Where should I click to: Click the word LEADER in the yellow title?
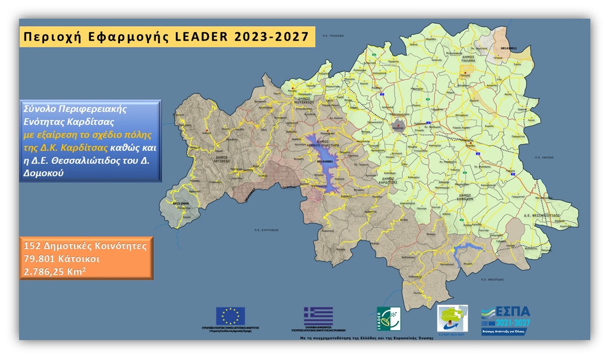pos(201,37)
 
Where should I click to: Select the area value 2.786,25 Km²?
pos(54,272)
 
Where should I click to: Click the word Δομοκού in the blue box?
pos(43,173)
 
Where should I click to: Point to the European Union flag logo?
pos(230,316)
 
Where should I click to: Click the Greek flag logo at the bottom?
pos(318,316)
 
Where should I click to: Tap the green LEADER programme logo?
pos(388,319)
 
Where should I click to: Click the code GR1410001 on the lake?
pos(325,162)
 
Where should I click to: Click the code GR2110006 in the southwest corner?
pos(181,204)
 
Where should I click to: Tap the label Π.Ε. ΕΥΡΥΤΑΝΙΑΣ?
pos(266,230)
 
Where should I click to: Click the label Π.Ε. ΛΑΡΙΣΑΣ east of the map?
pos(544,157)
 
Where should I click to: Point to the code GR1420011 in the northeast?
pos(508,48)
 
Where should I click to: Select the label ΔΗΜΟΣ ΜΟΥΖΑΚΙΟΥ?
pos(304,101)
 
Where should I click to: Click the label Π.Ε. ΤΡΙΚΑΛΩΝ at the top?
pos(333,36)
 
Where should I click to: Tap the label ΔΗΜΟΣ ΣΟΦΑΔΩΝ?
pos(465,197)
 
